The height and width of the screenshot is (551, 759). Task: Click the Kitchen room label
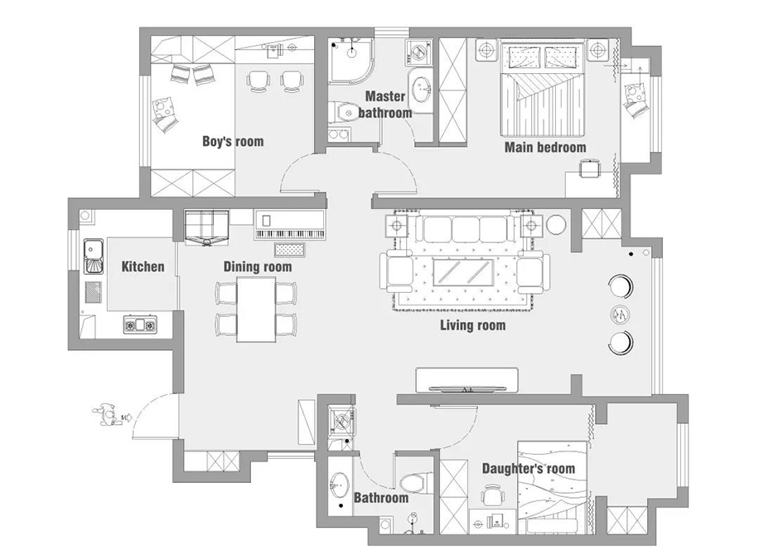coord(143,266)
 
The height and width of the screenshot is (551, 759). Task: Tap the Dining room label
coord(258,267)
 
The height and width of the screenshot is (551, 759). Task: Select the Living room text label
coord(473,325)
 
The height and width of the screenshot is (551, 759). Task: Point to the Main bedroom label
coord(545,148)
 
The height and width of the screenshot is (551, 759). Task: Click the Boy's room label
coord(233,142)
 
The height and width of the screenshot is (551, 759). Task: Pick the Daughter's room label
coord(529,469)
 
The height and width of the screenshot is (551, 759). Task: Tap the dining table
coord(256,310)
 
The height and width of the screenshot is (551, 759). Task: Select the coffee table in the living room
coord(463,272)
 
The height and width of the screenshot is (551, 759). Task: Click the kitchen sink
coord(94,256)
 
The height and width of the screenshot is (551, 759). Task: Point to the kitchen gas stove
coord(140,324)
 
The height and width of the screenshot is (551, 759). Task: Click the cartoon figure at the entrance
coord(107,415)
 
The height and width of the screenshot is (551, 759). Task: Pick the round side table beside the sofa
coord(556,225)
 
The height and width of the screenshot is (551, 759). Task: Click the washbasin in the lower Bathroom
coord(340,485)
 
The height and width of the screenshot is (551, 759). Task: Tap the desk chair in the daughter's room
coord(492,495)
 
